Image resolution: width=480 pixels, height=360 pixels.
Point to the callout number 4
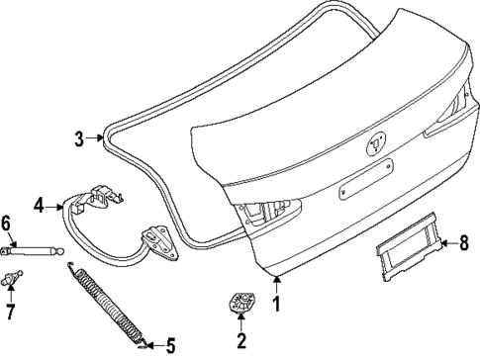click(38, 207)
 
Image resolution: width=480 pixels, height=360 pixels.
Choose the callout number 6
click(7, 224)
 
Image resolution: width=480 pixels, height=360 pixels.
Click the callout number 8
click(465, 240)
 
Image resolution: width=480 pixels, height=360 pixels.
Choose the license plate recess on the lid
click(368, 189)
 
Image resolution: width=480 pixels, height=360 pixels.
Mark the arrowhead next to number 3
click(102, 139)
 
